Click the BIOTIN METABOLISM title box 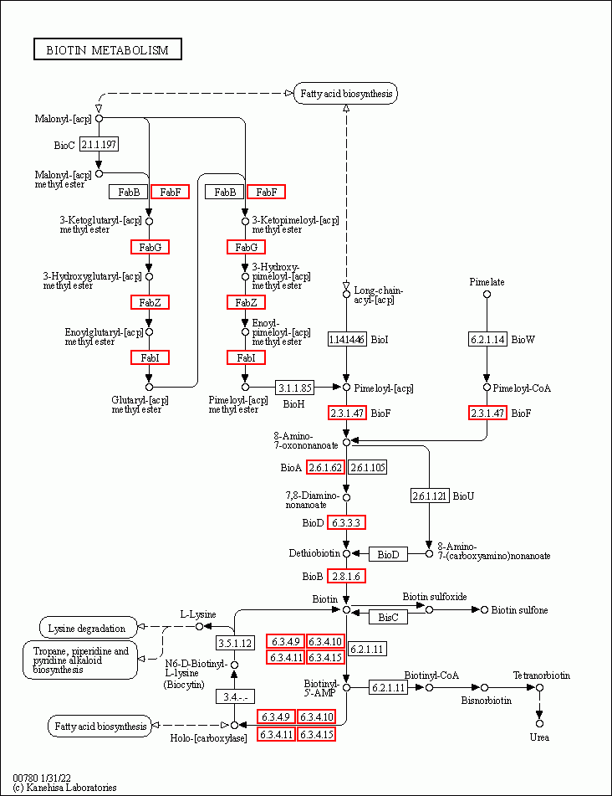tap(108, 49)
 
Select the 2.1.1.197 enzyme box tap(99, 145)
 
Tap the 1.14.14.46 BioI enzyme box tap(347, 339)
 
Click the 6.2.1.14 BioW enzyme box tap(487, 339)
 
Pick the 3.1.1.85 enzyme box tap(294, 388)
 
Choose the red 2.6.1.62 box tap(325, 468)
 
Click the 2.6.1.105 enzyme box tap(368, 468)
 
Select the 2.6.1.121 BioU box tap(430, 496)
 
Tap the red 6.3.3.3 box tap(346, 522)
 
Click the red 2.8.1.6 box tap(346, 576)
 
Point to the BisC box tap(388, 618)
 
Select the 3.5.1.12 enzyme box tap(235, 643)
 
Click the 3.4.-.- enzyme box tap(235, 697)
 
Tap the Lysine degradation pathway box tap(89, 628)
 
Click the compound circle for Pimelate tap(487, 295)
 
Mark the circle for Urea tap(539, 723)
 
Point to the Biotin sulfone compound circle tap(484, 609)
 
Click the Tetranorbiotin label tap(542, 675)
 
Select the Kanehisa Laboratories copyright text tap(64, 788)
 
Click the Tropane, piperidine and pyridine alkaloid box tap(80, 660)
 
